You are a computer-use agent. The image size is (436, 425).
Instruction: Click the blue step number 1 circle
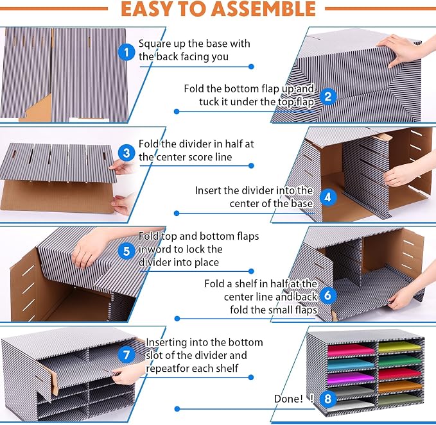[126, 52]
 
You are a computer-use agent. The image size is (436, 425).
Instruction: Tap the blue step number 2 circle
[328, 97]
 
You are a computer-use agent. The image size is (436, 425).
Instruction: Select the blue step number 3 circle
[126, 153]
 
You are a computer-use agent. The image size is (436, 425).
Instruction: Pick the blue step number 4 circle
[328, 197]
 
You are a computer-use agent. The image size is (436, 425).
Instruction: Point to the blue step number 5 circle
[126, 251]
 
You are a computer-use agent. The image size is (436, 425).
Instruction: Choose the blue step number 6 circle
[328, 295]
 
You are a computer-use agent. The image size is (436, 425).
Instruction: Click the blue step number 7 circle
[126, 354]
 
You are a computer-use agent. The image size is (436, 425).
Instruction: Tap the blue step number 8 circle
[328, 399]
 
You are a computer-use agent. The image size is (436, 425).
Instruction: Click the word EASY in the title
[146, 8]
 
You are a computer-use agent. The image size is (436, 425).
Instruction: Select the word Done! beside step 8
[288, 399]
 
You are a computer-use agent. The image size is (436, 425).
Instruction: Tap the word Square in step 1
[154, 44]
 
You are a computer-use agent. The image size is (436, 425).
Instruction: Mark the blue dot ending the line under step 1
[251, 67]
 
